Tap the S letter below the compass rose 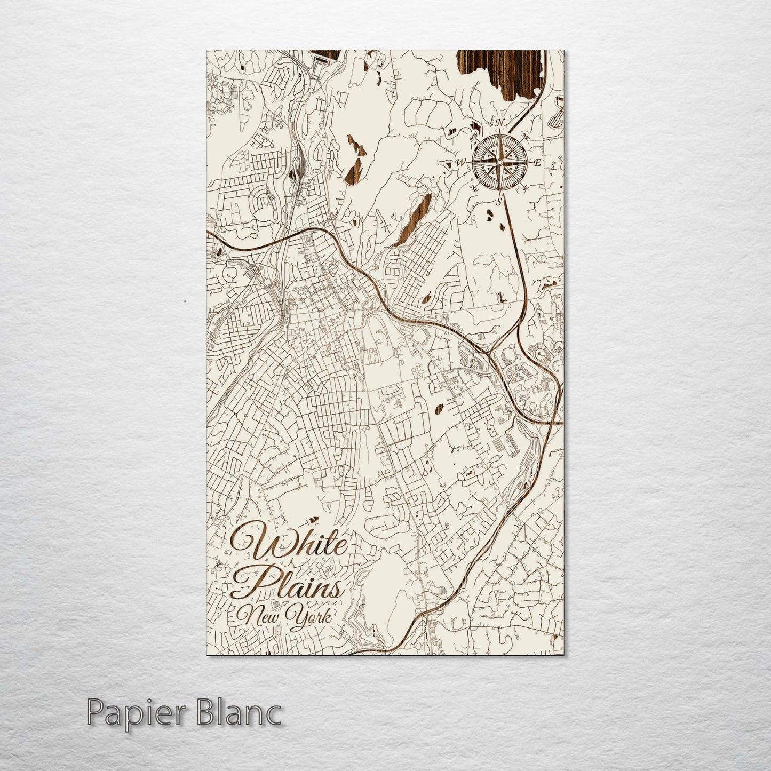click(x=499, y=201)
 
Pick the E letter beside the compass click(x=537, y=163)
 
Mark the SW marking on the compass click(x=473, y=187)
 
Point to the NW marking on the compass click(x=472, y=136)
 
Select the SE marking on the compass click(x=525, y=188)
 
